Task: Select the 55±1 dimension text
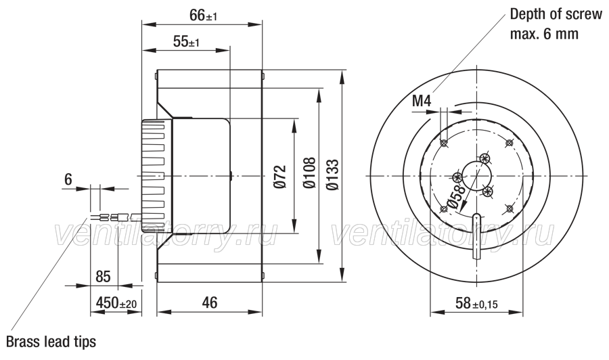click(x=187, y=41)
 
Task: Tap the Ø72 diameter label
click(x=280, y=177)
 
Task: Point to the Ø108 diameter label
click(x=309, y=173)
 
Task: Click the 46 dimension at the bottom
click(x=210, y=302)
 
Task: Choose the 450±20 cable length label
click(x=116, y=302)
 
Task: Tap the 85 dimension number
click(x=103, y=277)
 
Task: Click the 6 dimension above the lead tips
click(x=68, y=179)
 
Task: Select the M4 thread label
click(x=422, y=102)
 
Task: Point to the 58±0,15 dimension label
click(x=476, y=303)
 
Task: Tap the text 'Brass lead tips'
click(x=51, y=341)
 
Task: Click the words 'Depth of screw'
click(x=556, y=14)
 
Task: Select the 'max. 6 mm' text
click(x=544, y=35)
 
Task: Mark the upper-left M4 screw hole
click(x=443, y=143)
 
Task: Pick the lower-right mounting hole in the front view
click(x=509, y=208)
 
